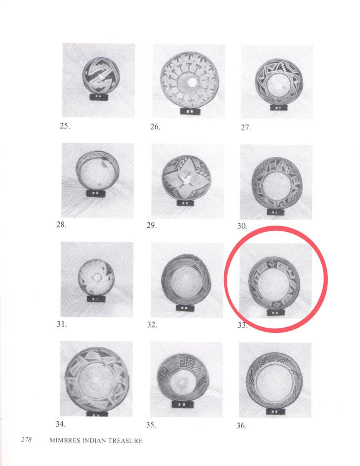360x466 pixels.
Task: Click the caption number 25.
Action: coord(65,126)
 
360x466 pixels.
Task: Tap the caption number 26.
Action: coord(155,127)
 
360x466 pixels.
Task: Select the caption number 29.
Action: coord(152,225)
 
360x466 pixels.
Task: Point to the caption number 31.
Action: coord(62,324)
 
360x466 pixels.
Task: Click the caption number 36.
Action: coord(242,426)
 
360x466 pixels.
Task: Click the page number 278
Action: coord(26,440)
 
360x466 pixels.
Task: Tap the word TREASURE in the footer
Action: coord(125,441)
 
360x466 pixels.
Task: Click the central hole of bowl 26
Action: coord(192,82)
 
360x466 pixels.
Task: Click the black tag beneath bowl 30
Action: coord(274,212)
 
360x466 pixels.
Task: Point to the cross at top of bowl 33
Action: coord(271,263)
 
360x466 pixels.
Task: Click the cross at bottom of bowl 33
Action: coord(278,304)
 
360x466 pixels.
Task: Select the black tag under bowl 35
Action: coord(182,404)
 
